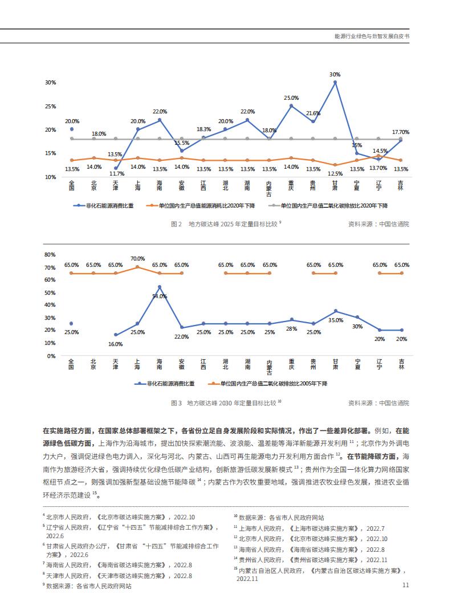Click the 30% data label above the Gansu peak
[335, 75]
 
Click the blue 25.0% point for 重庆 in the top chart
[291, 105]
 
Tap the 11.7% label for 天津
[117, 173]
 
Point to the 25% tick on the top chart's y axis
[51, 106]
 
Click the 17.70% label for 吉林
[401, 132]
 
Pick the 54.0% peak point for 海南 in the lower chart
[159, 287]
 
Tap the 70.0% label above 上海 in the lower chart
[137, 258]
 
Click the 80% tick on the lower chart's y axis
[50, 254]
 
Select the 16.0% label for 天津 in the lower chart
[116, 344]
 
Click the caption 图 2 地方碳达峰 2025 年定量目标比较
[226, 224]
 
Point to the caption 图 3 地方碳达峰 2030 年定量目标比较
[226, 403]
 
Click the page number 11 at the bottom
[406, 585]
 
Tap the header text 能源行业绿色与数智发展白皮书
[372, 36]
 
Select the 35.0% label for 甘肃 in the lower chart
[336, 320]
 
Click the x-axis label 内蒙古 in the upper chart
[269, 189]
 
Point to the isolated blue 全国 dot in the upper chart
[72, 129]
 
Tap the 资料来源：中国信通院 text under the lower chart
[378, 403]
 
